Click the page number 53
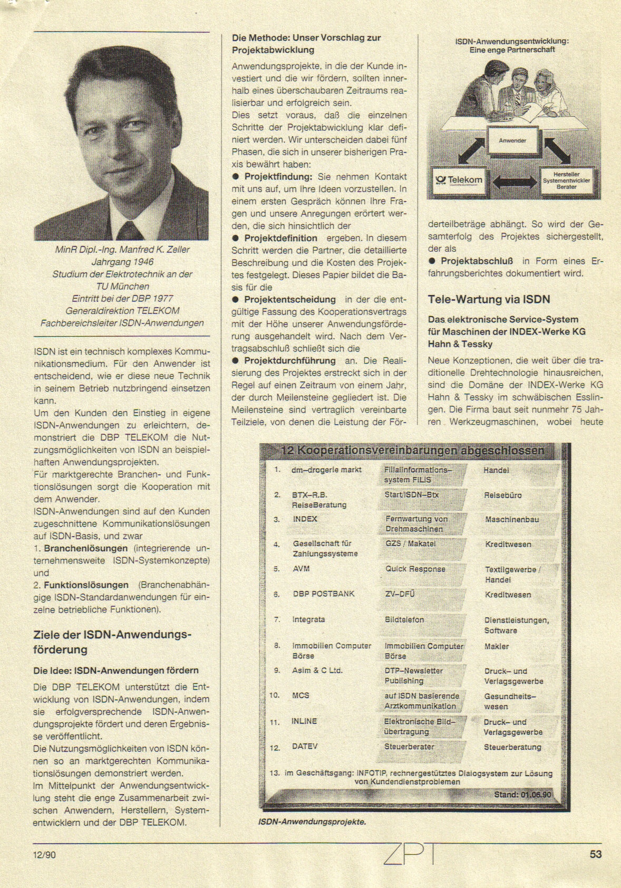pos(595,854)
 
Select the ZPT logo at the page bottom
pos(410,854)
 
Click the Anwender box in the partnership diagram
pos(512,141)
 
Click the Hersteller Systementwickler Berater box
pos(566,180)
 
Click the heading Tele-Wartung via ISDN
pos(489,300)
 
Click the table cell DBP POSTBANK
pos(324,594)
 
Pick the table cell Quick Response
pos(415,569)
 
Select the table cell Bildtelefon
pos(404,620)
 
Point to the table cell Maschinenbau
pos(511,520)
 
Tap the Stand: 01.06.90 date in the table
pos(522,795)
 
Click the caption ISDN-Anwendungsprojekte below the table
pos(312,822)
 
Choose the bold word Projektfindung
pos(278,177)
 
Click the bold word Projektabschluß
pos(477,261)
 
